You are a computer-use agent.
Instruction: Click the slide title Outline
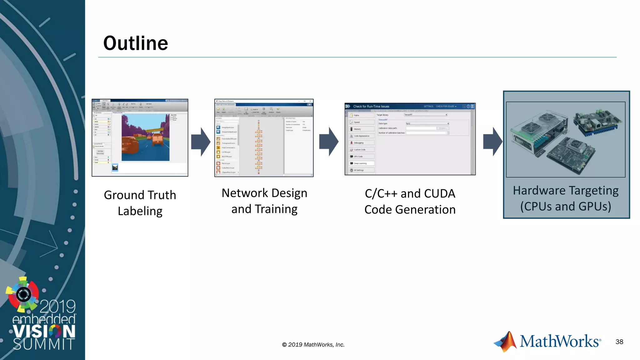136,43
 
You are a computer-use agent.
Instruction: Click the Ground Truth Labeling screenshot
140,138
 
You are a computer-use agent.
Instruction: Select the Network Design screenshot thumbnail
264,138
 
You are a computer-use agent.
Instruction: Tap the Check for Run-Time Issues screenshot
410,139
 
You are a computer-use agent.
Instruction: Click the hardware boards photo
566,139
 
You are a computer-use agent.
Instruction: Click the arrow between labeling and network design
201,142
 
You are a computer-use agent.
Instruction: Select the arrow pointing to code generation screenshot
329,142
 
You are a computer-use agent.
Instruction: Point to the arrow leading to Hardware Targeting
492,142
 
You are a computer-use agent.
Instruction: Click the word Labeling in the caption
140,211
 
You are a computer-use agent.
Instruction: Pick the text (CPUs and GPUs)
566,207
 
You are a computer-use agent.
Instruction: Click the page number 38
619,342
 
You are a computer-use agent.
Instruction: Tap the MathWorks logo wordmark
559,341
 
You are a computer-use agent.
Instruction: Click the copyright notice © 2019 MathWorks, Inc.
313,345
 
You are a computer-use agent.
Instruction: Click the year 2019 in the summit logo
58,306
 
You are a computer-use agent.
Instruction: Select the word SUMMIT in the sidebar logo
44,344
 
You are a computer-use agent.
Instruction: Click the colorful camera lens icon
23,294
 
